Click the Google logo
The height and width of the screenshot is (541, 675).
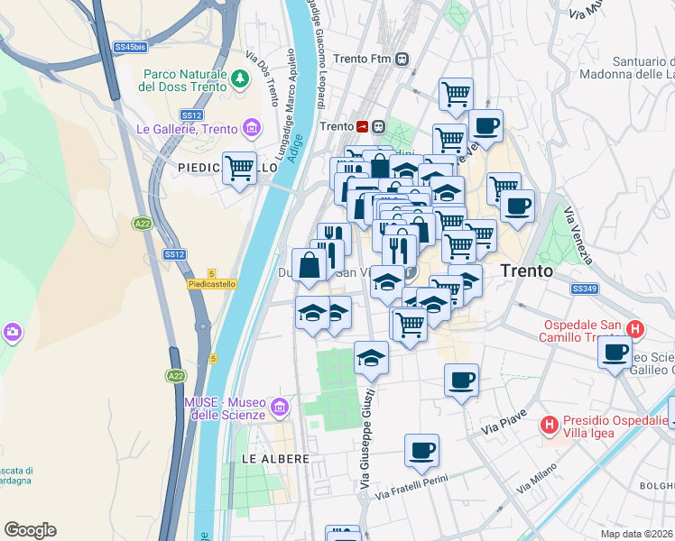(30, 530)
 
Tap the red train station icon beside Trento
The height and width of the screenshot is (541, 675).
(363, 127)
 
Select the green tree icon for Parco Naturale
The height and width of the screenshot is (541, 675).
(239, 79)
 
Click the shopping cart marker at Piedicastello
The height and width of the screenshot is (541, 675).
(239, 167)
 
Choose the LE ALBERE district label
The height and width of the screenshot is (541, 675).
(275, 459)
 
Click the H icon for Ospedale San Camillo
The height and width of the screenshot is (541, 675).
(635, 331)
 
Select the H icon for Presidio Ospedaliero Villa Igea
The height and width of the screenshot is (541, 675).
(548, 423)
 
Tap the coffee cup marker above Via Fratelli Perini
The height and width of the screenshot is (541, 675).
(421, 449)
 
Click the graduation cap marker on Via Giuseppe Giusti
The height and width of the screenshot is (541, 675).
(371, 357)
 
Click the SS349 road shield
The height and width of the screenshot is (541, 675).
(585, 289)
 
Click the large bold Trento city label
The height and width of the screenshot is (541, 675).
(526, 270)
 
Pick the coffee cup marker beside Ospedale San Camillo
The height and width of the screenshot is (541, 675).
(615, 352)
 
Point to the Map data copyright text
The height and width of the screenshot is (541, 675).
(638, 533)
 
